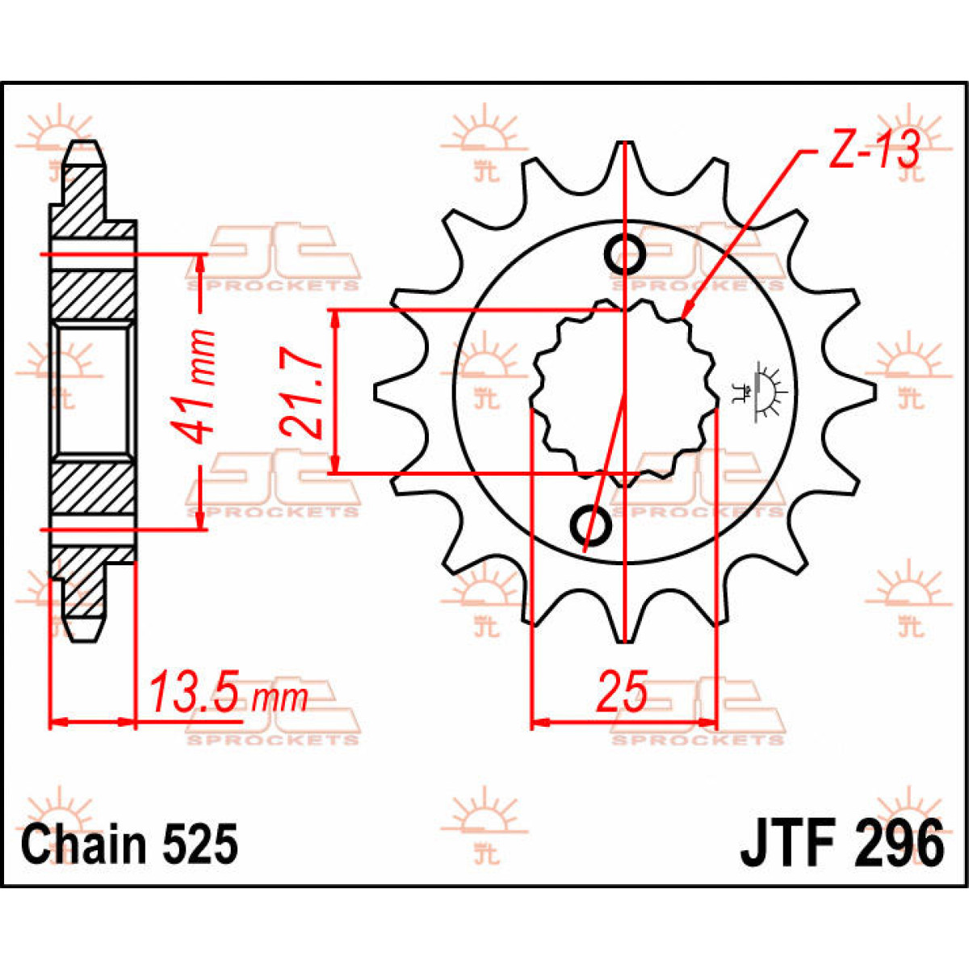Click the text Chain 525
click(130, 845)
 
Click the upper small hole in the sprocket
click(625, 255)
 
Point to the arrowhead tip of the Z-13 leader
click(683, 317)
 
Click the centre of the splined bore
click(624, 393)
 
